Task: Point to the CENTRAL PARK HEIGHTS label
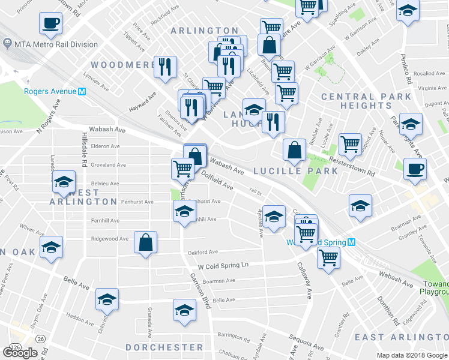tap(366, 101)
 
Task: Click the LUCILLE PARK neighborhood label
tap(295, 170)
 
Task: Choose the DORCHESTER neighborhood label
tap(164, 347)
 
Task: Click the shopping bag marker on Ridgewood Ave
tap(145, 243)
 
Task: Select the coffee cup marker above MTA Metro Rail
tap(50, 23)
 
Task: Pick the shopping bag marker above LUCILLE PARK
tap(294, 150)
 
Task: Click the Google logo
tap(20, 353)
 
